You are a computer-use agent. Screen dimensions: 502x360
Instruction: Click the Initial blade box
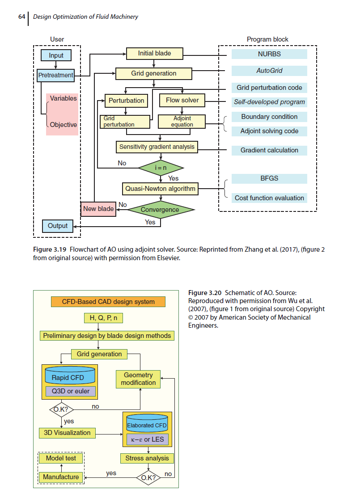point(154,54)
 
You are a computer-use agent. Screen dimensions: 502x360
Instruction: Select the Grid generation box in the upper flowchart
point(153,74)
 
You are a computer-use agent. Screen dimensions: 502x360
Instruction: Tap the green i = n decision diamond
point(161,168)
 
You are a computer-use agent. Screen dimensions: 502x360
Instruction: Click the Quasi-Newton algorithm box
point(160,189)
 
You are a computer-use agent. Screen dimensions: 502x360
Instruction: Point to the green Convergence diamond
point(160,210)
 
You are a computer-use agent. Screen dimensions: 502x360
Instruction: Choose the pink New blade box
point(98,209)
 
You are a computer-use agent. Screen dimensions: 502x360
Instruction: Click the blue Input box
point(56,55)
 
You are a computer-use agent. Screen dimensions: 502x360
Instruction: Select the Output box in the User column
point(57,226)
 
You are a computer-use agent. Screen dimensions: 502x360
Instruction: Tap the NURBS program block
point(269,54)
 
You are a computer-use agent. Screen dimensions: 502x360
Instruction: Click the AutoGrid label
point(269,71)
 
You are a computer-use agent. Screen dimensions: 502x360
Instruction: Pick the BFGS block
point(269,178)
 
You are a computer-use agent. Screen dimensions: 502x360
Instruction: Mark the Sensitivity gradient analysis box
point(157,147)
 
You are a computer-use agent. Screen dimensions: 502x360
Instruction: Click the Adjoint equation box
point(182,122)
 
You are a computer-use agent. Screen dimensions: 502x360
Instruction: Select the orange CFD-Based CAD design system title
point(108,302)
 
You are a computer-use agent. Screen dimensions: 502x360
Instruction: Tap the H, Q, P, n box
point(103,318)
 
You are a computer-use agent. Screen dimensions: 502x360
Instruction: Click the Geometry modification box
point(138,379)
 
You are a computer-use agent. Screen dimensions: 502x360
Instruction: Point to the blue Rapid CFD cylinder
point(70,375)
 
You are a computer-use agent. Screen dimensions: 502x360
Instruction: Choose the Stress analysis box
point(147,458)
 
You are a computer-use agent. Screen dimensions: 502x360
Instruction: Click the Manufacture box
point(61,477)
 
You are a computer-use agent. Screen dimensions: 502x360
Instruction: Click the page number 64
point(21,17)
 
